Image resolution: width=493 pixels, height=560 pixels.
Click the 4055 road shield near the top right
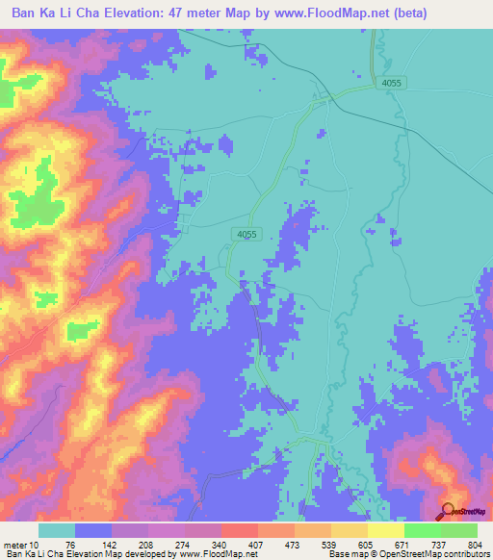391,84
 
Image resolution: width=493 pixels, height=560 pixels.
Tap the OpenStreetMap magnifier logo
447,512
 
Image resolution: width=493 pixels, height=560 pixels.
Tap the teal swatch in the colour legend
57,530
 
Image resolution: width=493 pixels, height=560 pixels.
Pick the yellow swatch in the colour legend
385,530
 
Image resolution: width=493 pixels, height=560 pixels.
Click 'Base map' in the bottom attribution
345,554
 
